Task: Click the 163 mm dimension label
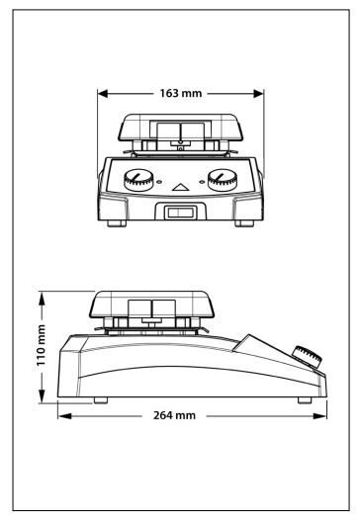(x=181, y=93)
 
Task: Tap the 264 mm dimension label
(x=174, y=415)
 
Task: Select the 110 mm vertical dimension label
(x=41, y=345)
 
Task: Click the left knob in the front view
(x=138, y=180)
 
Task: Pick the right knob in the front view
(x=223, y=180)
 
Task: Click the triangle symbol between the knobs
(x=181, y=187)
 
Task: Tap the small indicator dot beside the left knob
(x=160, y=182)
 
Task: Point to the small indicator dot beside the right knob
(x=202, y=182)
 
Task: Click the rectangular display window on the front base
(x=181, y=213)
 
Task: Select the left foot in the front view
(x=117, y=223)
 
